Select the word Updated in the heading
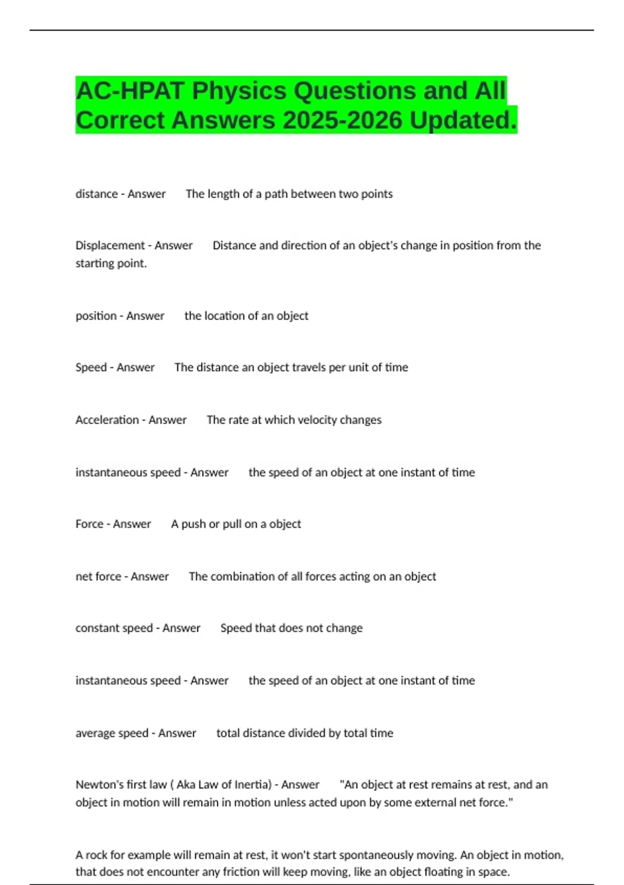(462, 120)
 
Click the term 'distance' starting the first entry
(97, 194)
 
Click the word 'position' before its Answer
(96, 316)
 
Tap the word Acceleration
(107, 420)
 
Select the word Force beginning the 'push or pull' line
(89, 524)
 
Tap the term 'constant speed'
(114, 628)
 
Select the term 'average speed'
(112, 734)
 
